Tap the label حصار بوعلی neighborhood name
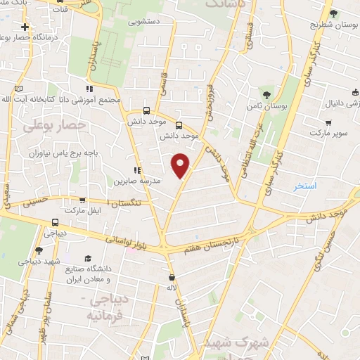click(54, 125)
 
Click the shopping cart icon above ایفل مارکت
click(83, 200)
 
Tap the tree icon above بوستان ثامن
click(266, 94)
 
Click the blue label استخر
click(306, 186)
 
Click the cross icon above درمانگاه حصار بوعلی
click(25, 27)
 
